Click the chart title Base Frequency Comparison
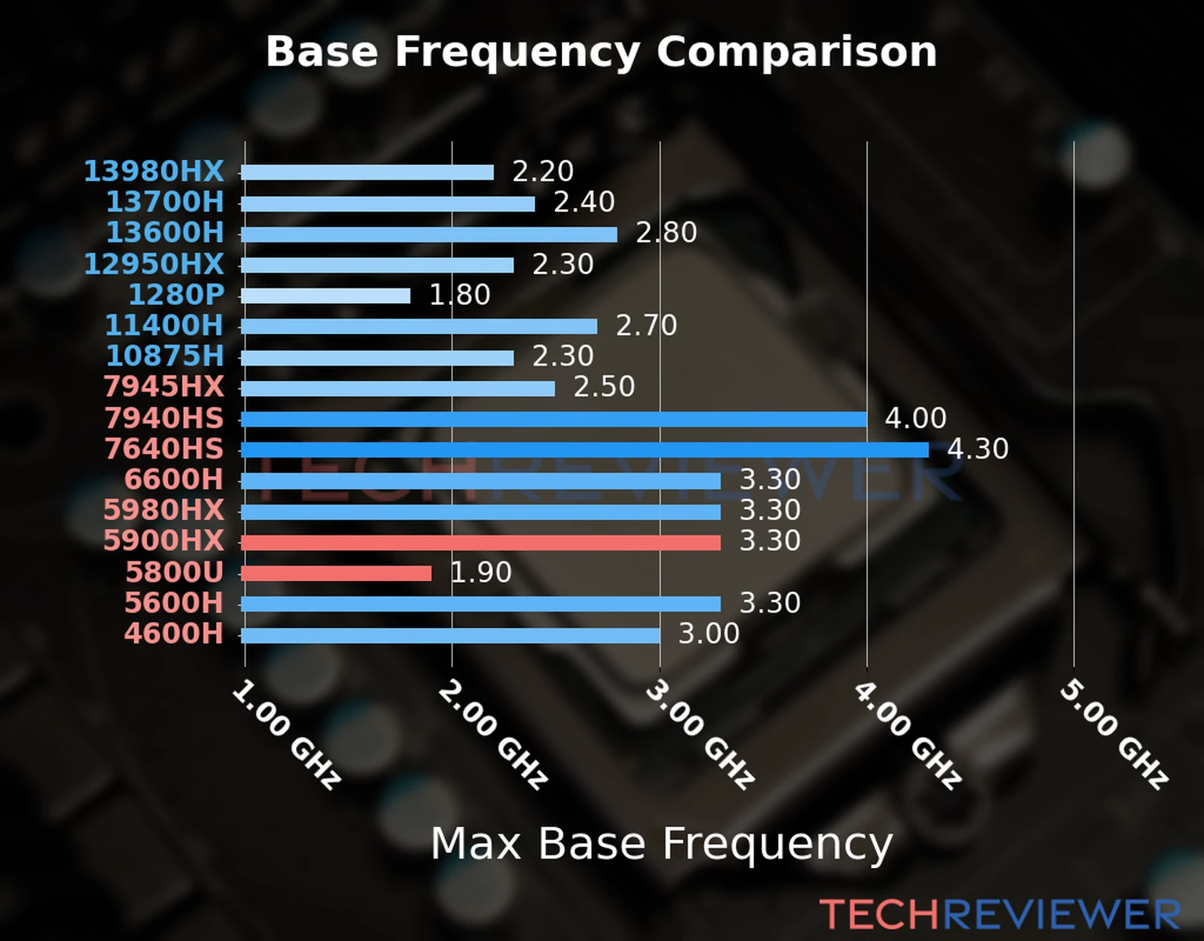pos(601,52)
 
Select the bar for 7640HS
pos(584,450)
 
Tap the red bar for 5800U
pos(335,573)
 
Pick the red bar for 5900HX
pos(481,543)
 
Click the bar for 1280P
pos(325,296)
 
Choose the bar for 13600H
pos(429,234)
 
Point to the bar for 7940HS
pos(553,420)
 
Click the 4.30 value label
pos(977,449)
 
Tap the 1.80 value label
pos(459,295)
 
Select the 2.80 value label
pos(666,233)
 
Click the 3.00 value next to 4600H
pos(709,634)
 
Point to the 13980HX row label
pos(154,171)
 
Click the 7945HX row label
pos(164,387)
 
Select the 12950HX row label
pos(154,263)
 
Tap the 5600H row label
pos(174,603)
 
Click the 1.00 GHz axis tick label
pos(287,734)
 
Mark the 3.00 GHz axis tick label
pos(700,734)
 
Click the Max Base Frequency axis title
pos(662,845)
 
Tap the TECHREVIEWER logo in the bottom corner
pos(999,915)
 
